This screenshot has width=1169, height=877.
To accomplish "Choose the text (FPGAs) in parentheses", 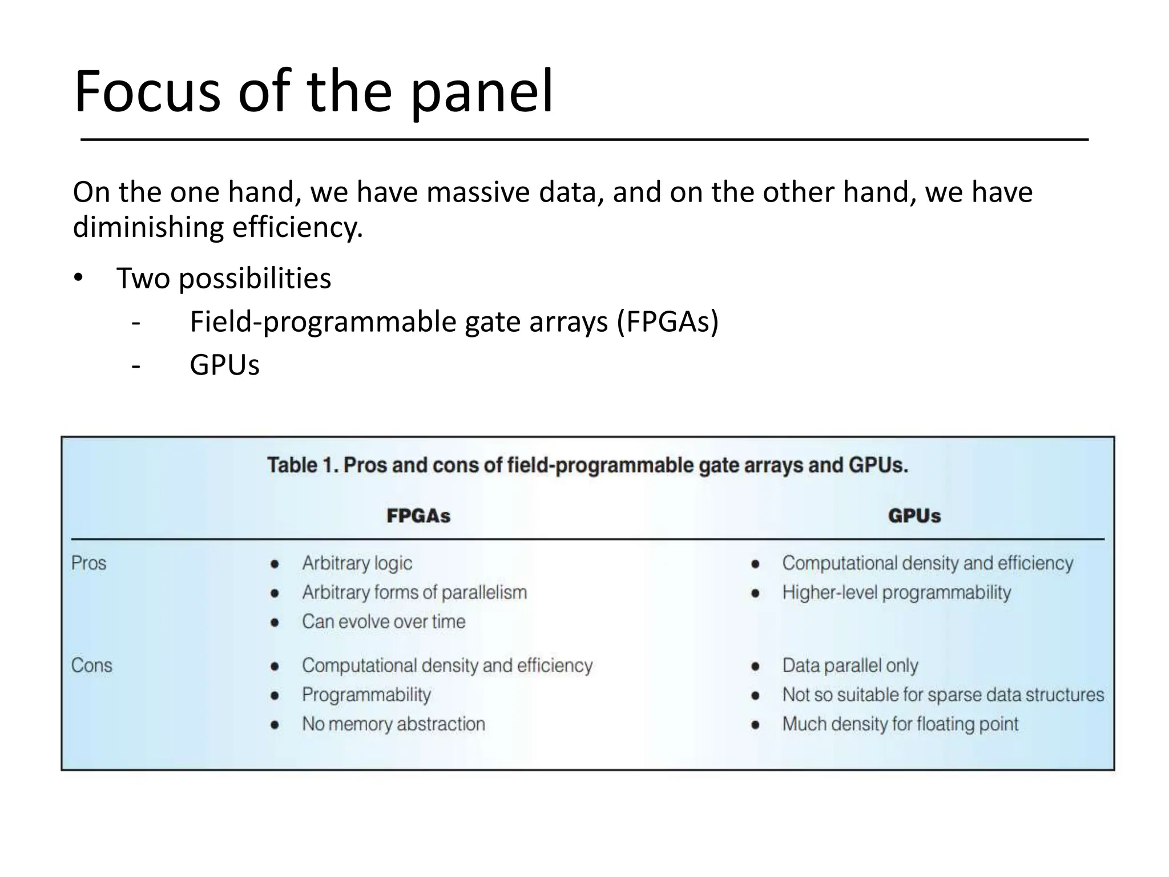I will point(667,321).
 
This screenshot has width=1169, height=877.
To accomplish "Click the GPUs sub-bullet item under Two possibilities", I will point(224,365).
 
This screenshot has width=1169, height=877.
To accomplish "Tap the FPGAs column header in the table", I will point(418,516).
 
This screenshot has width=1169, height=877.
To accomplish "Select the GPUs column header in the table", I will point(914,516).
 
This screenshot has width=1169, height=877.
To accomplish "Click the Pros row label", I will point(88,563).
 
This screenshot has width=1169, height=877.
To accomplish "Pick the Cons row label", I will point(91,665).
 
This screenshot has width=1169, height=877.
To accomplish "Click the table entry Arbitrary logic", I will point(357,563).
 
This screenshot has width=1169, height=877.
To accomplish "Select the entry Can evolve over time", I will point(384,621).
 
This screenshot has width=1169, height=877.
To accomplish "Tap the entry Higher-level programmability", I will point(896,592).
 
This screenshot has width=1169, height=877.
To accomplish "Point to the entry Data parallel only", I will point(850,665).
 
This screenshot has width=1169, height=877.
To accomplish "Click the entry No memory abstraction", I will point(393,724).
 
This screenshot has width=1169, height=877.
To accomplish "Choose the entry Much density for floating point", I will point(900,724).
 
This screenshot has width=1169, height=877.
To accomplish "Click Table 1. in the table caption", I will point(303,465).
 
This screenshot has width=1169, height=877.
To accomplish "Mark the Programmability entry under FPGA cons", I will point(366,695).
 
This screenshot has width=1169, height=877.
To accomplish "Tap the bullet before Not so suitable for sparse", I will point(755,695).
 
